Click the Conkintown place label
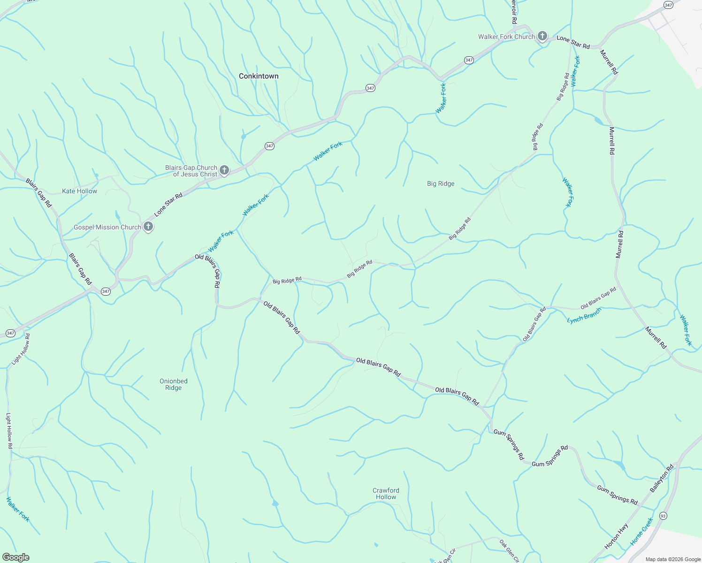pyautogui.click(x=259, y=76)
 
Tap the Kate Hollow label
pyautogui.click(x=80, y=191)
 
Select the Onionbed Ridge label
pyautogui.click(x=174, y=384)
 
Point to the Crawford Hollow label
pyautogui.click(x=386, y=494)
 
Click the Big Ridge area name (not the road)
pyautogui.click(x=441, y=183)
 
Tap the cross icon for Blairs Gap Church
pyautogui.click(x=224, y=170)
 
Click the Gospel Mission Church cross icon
pyautogui.click(x=148, y=227)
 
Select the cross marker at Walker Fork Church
pyautogui.click(x=542, y=36)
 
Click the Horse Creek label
pyautogui.click(x=641, y=531)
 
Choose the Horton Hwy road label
pyautogui.click(x=617, y=536)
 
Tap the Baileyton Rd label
pyautogui.click(x=662, y=478)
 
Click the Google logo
pyautogui.click(x=15, y=557)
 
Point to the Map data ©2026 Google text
pyautogui.click(x=673, y=559)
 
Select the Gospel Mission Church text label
pyautogui.click(x=107, y=227)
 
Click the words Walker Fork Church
pyautogui.click(x=506, y=37)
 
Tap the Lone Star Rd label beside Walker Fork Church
pyautogui.click(x=573, y=42)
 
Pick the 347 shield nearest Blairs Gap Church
pyautogui.click(x=269, y=146)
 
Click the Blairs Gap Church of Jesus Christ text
pyautogui.click(x=191, y=171)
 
